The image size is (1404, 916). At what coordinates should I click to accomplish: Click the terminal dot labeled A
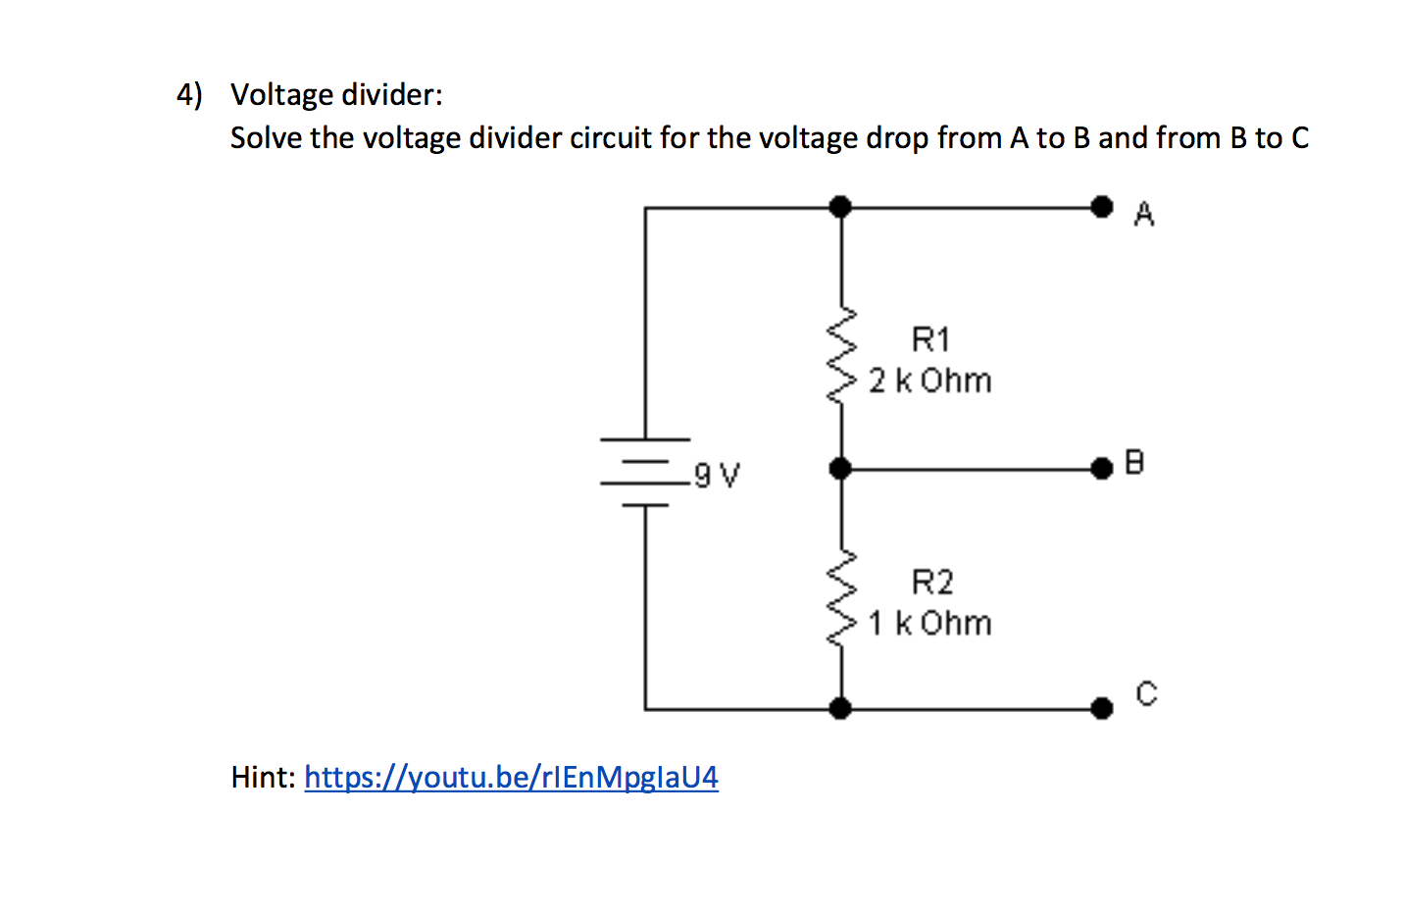tap(1102, 207)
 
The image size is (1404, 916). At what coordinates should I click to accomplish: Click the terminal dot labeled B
tap(1102, 469)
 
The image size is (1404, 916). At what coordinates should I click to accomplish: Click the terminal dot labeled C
tap(1102, 707)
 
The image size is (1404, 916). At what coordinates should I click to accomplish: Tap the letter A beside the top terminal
tap(1144, 214)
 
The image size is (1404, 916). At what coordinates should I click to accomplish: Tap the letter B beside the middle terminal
tap(1134, 462)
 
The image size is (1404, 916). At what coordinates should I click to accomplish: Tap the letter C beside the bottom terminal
tap(1146, 693)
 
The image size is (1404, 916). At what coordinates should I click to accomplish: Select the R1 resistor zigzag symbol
tap(841, 355)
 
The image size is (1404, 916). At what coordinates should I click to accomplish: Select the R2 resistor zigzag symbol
tap(841, 597)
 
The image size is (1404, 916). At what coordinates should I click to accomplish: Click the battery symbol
tap(644, 472)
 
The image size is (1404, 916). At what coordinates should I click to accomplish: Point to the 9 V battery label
tap(717, 476)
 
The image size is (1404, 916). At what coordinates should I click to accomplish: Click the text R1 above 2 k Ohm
tap(930, 339)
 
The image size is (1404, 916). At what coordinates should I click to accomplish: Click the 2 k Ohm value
tap(929, 381)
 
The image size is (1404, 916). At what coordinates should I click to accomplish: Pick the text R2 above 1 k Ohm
tap(931, 583)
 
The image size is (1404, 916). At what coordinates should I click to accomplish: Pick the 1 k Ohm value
tap(929, 623)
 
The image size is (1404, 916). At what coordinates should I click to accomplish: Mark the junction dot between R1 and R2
tap(840, 469)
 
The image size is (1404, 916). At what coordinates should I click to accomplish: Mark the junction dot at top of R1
tap(840, 207)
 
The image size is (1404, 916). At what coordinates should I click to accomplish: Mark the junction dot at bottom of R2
tap(840, 707)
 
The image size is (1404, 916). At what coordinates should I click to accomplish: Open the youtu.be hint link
tap(511, 777)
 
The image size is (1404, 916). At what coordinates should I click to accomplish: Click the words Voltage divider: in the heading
tap(336, 94)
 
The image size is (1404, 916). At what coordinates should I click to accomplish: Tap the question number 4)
tap(189, 94)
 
